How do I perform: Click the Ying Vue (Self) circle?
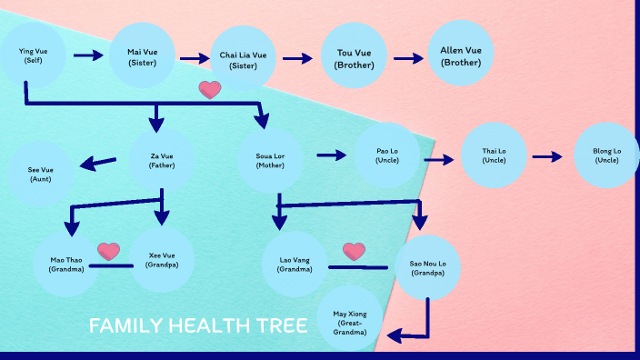pos(33,56)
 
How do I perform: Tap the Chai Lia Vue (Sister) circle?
pos(244,60)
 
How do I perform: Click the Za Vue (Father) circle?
pos(162,161)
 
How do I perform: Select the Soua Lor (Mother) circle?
pos(270,161)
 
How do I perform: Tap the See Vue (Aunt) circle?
pos(41,174)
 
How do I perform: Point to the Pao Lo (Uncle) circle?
pos(387,155)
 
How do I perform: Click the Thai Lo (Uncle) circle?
pos(494,155)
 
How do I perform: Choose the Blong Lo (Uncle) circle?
pos(606,155)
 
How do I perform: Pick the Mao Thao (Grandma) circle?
pos(66,264)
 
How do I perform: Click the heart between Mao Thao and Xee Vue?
pos(109,251)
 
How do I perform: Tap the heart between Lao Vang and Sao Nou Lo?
pos(354,251)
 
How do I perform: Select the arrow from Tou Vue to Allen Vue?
pos(409,58)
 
